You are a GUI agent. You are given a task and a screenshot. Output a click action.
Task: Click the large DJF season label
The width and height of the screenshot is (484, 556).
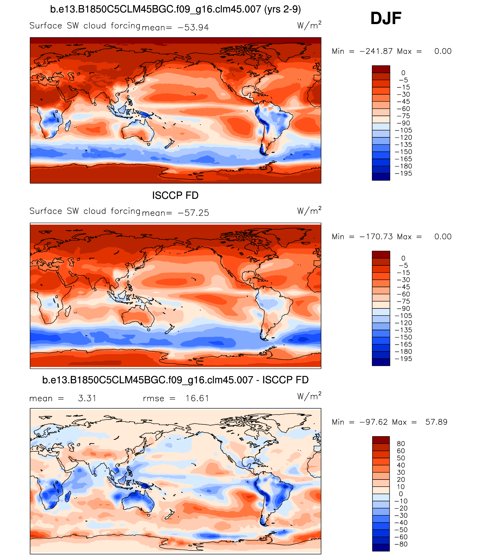(386, 18)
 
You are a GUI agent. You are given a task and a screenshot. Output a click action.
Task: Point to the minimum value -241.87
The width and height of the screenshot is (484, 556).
(376, 51)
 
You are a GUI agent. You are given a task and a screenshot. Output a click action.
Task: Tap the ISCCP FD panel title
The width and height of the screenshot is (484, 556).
(175, 195)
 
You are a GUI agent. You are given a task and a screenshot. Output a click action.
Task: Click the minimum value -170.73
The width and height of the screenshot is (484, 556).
(376, 237)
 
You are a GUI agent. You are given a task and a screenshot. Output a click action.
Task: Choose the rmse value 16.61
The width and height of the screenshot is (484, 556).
(197, 398)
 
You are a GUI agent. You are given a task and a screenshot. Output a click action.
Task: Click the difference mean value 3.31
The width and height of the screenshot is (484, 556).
(87, 398)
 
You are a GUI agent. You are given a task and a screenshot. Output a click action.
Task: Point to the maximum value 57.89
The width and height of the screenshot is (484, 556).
(436, 422)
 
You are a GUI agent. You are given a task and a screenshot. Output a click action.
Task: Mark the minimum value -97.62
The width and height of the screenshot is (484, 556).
(373, 422)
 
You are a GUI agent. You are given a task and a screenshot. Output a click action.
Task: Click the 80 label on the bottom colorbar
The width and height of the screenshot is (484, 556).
(401, 444)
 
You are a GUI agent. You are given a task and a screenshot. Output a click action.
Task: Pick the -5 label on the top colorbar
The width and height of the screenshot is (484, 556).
(403, 80)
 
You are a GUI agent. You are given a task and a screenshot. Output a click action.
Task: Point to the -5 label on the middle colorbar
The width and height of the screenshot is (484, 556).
(403, 266)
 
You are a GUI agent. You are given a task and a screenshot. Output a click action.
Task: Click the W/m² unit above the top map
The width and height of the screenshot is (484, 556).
(309, 25)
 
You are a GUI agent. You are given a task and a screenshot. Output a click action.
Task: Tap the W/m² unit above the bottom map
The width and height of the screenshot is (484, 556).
(309, 396)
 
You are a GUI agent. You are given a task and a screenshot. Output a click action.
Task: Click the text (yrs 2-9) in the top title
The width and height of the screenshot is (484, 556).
(282, 9)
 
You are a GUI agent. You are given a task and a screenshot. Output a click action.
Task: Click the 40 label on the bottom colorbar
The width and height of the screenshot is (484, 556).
(401, 465)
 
